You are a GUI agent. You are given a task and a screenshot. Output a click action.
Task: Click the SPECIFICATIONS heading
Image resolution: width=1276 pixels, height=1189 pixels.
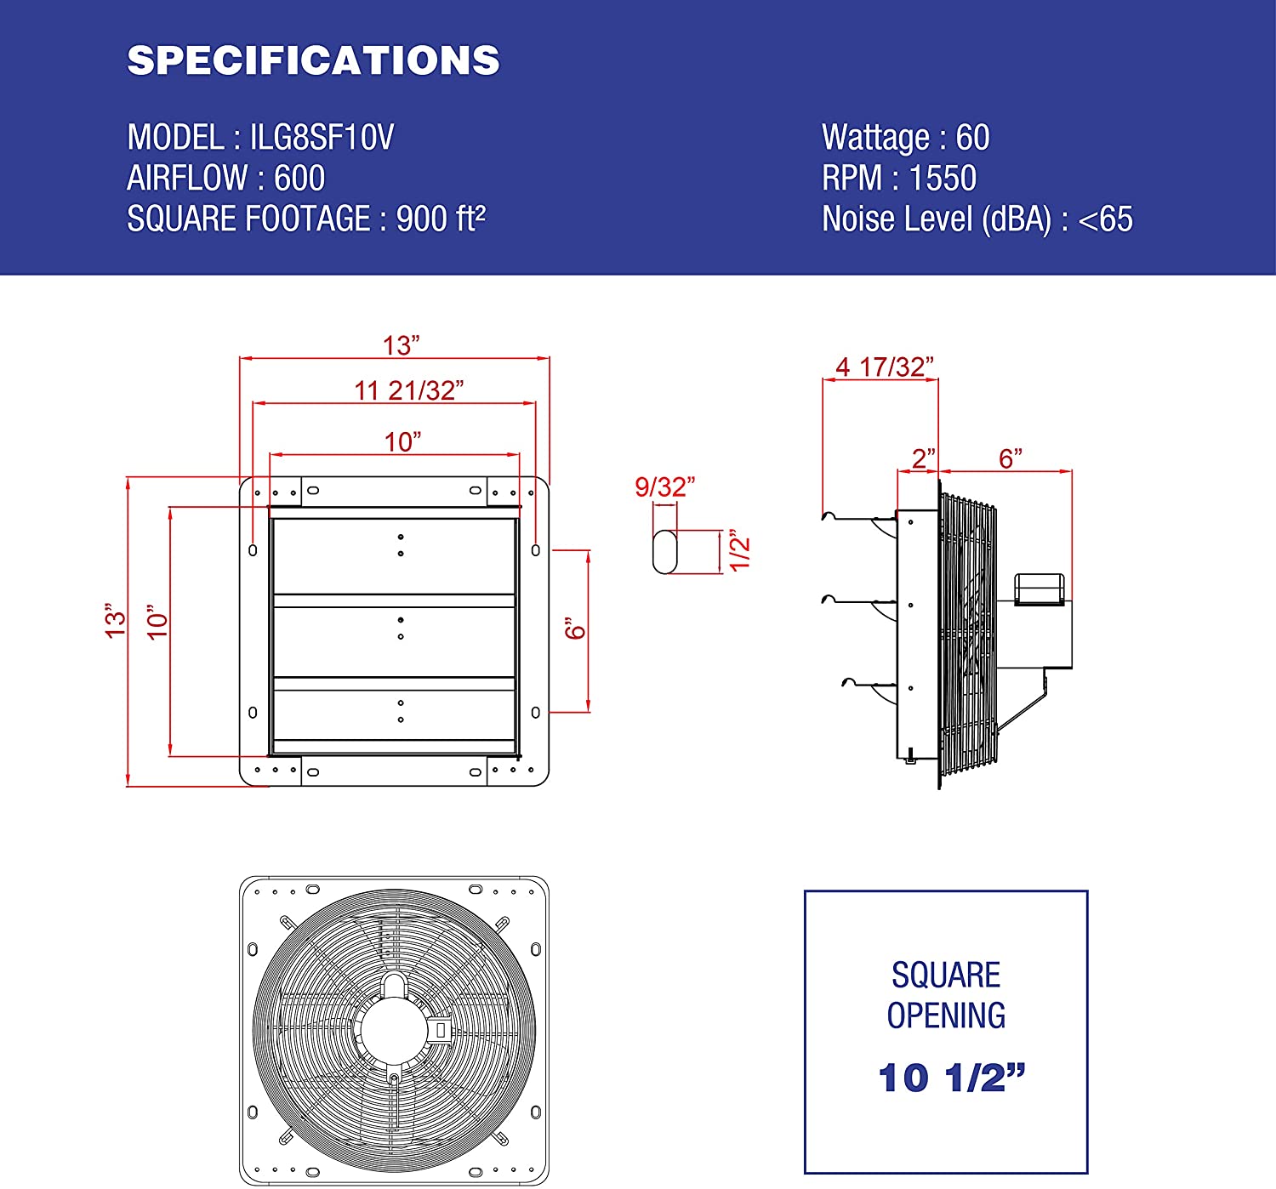point(313,60)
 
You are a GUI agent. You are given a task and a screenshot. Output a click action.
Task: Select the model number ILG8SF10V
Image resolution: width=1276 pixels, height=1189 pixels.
point(322,137)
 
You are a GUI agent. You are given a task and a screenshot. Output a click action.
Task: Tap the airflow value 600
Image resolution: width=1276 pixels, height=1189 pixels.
point(299,178)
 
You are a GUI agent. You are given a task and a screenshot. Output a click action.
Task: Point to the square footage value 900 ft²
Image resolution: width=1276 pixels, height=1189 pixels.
point(441,219)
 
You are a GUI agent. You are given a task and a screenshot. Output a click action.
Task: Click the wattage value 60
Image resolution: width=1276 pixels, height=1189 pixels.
point(972,138)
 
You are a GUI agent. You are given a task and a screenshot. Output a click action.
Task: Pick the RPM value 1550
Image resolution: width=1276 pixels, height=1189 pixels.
point(943,178)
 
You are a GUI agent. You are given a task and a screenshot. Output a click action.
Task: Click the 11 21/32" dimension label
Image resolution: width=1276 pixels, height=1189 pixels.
point(408,390)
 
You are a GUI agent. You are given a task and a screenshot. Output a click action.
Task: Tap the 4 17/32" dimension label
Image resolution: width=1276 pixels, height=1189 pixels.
point(884,367)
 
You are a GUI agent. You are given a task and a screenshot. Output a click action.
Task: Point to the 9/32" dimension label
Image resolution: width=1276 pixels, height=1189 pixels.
point(664,486)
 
